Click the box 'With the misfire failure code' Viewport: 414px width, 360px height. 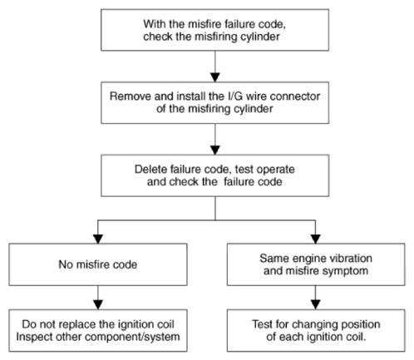pos(214,30)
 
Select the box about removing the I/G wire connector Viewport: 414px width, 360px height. pos(214,102)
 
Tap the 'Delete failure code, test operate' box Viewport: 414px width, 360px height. pos(214,175)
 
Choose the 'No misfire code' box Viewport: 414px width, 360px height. pos(98,264)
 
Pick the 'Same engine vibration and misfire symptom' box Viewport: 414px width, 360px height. pos(316,264)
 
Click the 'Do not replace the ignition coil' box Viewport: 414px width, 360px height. pos(98,330)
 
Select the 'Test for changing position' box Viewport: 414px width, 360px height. pos(316,330)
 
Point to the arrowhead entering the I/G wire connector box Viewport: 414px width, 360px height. pos(215,77)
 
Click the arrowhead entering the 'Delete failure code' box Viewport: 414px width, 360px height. pos(215,150)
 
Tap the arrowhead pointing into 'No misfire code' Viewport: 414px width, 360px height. pos(98,239)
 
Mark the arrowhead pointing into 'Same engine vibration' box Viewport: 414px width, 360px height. pos(316,239)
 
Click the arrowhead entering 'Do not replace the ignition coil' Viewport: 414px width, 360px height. pos(98,305)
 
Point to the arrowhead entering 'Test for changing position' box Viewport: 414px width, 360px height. pos(316,305)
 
